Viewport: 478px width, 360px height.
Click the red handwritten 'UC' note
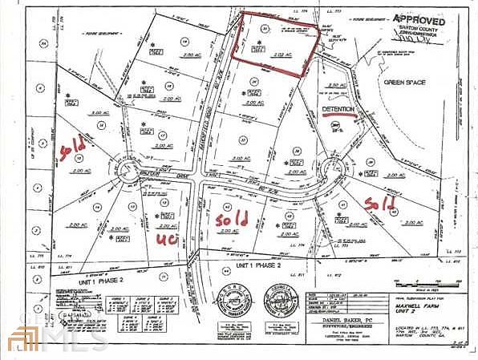pyautogui.click(x=167, y=238)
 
